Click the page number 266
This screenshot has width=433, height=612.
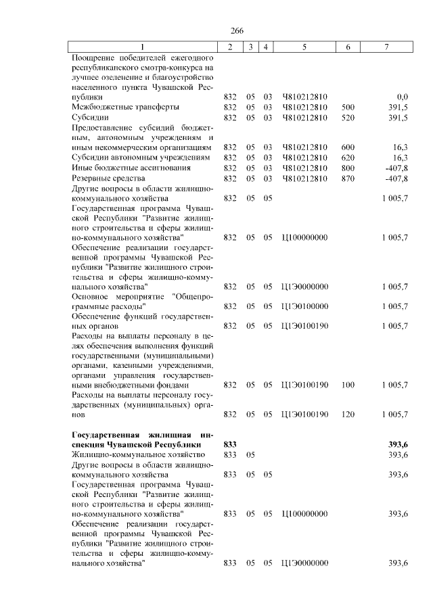(237, 31)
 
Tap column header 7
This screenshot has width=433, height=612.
(386, 47)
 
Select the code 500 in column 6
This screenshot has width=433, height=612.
(348, 107)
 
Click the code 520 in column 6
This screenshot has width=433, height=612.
(348, 117)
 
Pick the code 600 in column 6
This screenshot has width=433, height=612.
(348, 147)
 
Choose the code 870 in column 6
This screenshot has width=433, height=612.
(348, 179)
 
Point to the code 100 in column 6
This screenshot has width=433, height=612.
(348, 385)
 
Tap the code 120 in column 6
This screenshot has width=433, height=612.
(348, 414)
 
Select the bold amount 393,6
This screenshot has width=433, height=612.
(398, 444)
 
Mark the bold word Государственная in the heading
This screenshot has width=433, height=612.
(104, 433)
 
